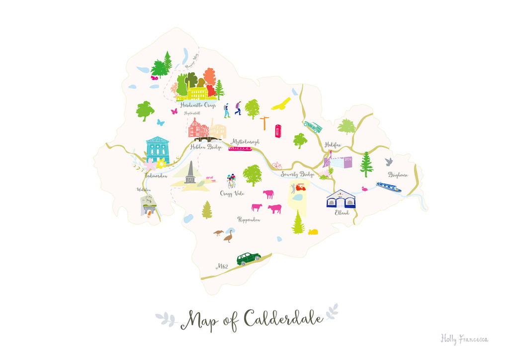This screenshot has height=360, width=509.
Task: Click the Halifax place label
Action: (334, 145)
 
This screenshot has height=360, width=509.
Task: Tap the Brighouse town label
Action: (398, 175)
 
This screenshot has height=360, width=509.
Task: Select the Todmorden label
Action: (157, 176)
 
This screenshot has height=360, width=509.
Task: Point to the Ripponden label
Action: (249, 219)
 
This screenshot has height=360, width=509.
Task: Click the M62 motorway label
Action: (222, 267)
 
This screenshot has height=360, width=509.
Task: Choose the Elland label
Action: (341, 213)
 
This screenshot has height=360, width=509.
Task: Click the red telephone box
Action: (278, 131)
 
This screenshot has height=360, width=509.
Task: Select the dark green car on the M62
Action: (249, 258)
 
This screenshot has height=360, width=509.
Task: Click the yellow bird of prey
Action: (281, 104)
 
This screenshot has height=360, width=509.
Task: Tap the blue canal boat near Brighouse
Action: (388, 187)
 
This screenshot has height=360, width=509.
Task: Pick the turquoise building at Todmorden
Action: (158, 150)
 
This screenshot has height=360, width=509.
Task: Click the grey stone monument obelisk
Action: (189, 173)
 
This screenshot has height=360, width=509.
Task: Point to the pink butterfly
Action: (174, 112)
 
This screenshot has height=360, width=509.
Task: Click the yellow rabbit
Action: (313, 231)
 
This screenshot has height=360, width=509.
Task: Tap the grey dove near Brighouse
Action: (389, 162)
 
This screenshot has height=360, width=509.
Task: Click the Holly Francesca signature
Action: (464, 339)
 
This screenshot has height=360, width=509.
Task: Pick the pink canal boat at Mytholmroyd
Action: (240, 148)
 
